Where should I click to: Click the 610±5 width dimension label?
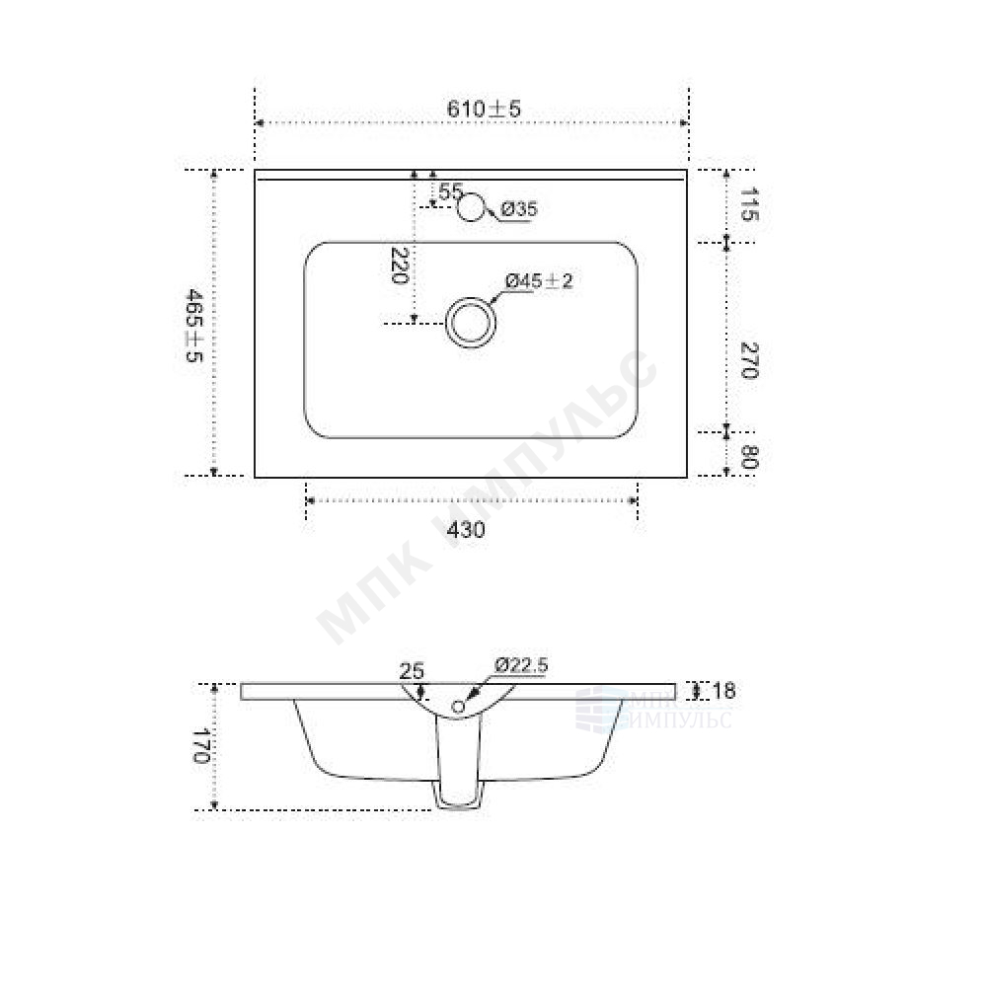(483, 109)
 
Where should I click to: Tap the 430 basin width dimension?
(466, 530)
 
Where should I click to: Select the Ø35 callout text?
(518, 209)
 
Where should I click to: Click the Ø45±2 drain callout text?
(539, 281)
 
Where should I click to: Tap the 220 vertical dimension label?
(400, 266)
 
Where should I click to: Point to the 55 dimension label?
(450, 191)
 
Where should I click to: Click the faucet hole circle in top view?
(473, 205)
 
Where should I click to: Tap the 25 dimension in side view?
(411, 671)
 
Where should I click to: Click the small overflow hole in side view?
(458, 706)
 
